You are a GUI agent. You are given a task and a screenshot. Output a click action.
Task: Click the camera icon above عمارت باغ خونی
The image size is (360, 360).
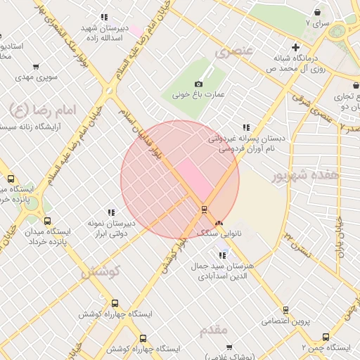[x=208, y=84]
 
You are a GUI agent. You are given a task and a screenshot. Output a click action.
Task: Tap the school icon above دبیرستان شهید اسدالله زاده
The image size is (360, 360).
[x=104, y=17]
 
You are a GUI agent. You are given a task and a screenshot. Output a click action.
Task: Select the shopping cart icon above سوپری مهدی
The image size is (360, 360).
[x=35, y=67]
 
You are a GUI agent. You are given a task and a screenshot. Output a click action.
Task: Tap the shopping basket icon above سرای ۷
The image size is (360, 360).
[x=318, y=12]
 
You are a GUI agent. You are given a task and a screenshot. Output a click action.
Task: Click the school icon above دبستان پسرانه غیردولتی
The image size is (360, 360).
[x=245, y=127]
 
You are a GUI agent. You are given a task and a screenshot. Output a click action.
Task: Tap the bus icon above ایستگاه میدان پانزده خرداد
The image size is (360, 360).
[x=46, y=220]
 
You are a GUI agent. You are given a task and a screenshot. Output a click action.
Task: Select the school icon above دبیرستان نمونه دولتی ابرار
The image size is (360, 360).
[x=110, y=212]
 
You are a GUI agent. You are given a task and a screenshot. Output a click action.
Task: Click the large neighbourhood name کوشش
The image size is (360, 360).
[x=101, y=271]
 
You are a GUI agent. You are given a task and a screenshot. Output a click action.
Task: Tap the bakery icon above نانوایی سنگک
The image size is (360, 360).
[x=219, y=221]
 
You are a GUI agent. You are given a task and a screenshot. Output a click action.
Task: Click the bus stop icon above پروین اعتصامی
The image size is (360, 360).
[x=285, y=310]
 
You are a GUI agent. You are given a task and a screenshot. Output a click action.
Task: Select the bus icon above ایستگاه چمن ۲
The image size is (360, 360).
[x=325, y=337]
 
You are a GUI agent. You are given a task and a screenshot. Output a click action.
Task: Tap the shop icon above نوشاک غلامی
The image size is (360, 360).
[x=229, y=347]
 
